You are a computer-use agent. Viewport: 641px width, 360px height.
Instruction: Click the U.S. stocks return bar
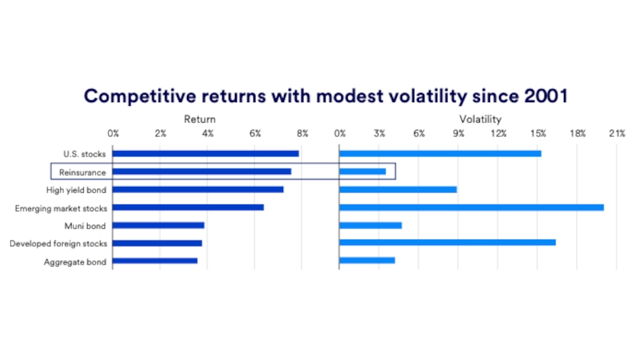coord(205,153)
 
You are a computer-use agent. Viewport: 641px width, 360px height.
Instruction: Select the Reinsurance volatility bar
coord(362,172)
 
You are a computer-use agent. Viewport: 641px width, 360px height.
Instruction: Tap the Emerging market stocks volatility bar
coord(471,207)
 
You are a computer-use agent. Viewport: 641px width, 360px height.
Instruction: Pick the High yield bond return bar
coord(198,189)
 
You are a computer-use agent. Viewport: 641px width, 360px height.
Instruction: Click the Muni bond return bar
coord(158,225)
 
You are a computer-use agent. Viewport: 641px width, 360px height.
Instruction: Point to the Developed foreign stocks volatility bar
coord(447,243)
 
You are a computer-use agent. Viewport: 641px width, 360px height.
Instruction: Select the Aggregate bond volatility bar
coord(367,261)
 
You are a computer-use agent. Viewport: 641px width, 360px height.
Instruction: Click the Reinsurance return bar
coord(201,172)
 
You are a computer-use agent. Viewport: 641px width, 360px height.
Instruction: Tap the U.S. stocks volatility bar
coord(440,153)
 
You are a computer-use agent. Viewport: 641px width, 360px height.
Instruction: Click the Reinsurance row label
coord(82,172)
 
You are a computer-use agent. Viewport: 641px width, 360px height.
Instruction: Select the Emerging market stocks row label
coord(62,207)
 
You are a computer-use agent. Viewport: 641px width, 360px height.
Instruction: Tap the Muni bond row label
coord(85,226)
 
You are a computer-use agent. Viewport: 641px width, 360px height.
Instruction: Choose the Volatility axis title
coord(480,119)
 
